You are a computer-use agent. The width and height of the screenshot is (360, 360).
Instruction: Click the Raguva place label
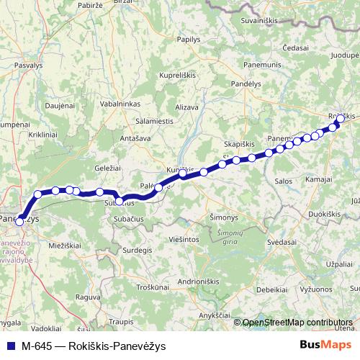tap(88, 296)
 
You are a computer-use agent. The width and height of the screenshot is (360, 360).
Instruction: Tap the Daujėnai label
tap(60, 106)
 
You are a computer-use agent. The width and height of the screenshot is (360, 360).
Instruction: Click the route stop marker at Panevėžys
tap(19, 221)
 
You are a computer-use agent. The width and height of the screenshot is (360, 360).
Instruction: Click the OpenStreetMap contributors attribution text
tap(297, 322)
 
